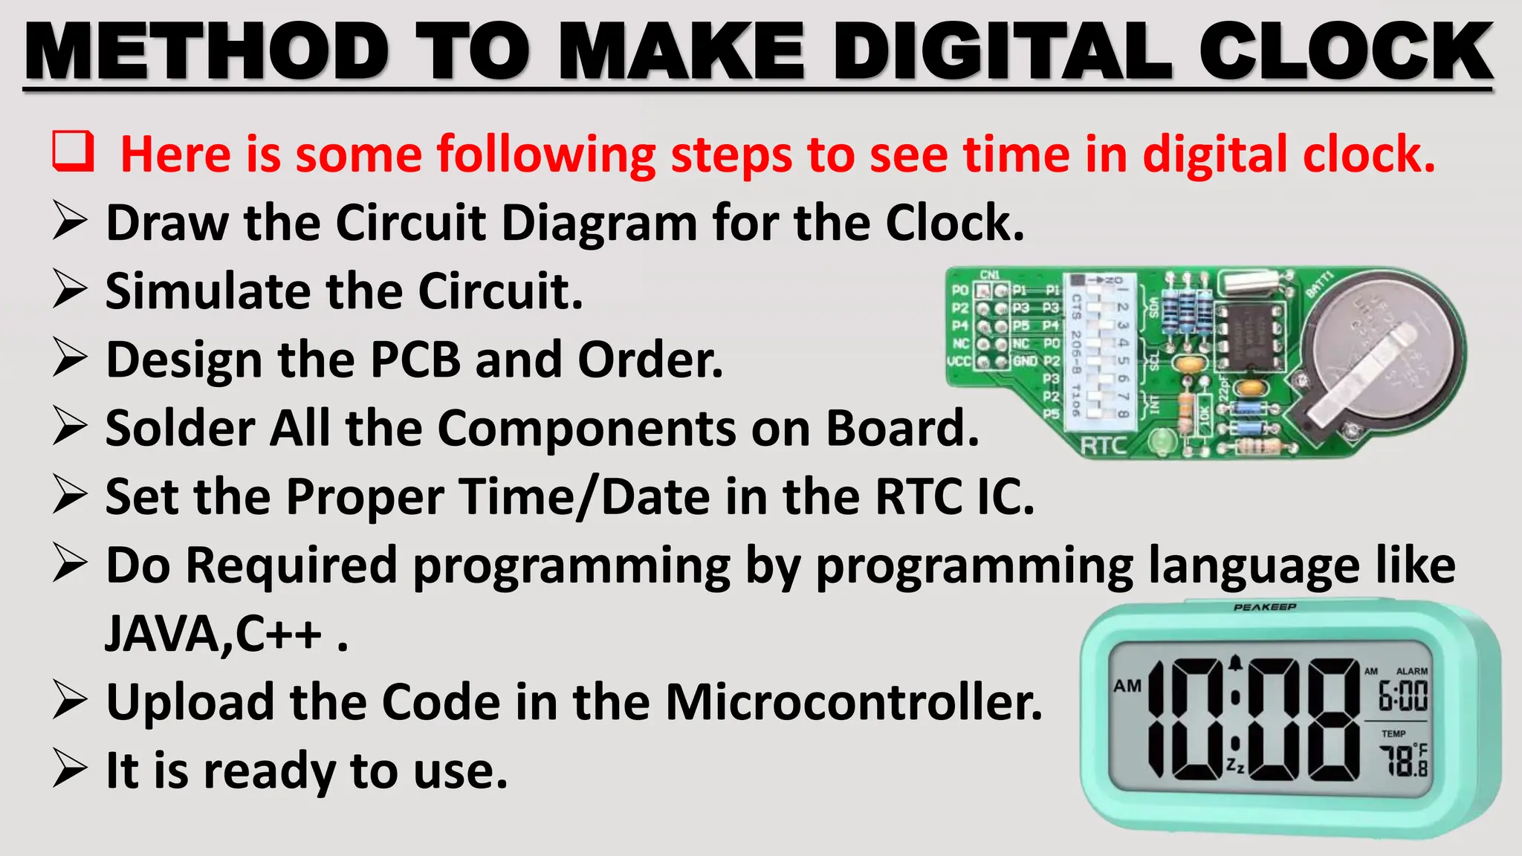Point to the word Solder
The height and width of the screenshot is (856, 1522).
(179, 428)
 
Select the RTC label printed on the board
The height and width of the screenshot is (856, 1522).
(1104, 446)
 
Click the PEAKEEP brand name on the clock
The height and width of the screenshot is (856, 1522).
(1265, 607)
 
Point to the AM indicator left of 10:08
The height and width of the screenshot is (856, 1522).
(1127, 686)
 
